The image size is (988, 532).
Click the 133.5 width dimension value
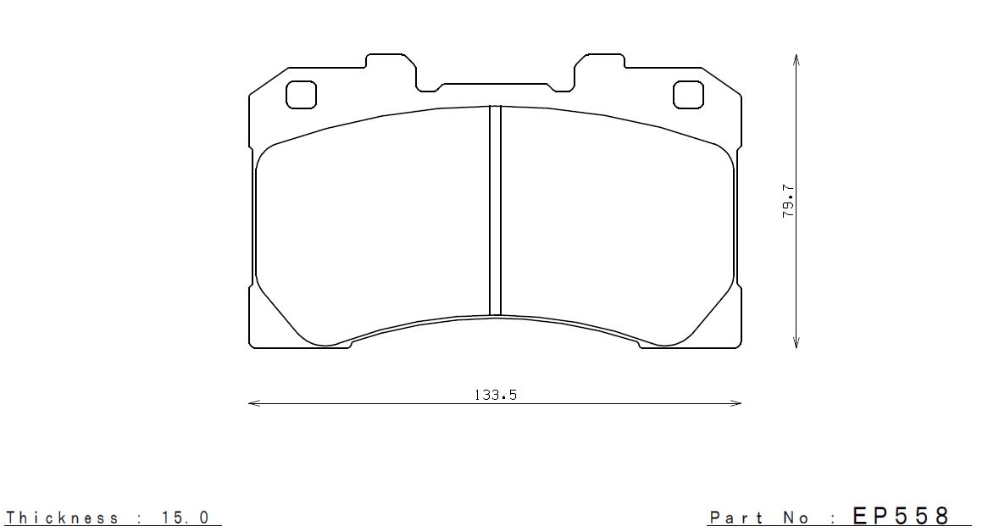495,395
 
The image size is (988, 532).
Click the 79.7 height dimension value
788,202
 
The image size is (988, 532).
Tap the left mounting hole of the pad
301,94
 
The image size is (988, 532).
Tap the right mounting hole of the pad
688,94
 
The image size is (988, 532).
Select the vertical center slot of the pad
495,210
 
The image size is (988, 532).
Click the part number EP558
901,516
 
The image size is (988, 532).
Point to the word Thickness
62,518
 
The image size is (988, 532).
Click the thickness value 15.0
185,518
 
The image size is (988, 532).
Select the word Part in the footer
737,518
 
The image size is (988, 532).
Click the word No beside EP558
797,518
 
